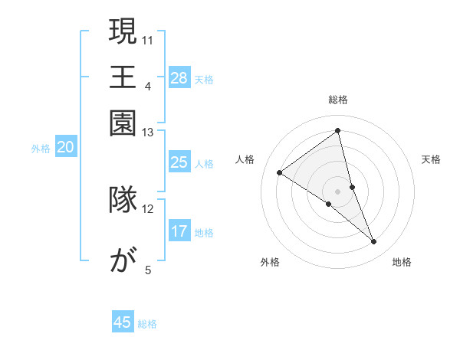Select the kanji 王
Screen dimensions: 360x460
click(123, 77)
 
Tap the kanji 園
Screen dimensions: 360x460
click(123, 122)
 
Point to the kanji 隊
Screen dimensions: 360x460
click(123, 198)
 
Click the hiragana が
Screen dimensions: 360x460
click(123, 262)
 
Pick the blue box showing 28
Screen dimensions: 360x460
click(179, 78)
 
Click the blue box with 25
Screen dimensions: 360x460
click(179, 162)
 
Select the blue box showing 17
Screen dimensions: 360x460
click(179, 231)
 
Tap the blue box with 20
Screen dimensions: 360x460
click(65, 148)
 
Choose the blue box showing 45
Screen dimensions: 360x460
click(123, 322)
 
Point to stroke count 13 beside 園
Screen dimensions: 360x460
click(148, 133)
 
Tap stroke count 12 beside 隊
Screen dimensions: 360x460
click(148, 208)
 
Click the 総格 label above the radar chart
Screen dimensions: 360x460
click(338, 100)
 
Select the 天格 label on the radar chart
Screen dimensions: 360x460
click(431, 159)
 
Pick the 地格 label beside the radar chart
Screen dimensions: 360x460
click(402, 263)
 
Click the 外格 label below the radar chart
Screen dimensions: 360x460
click(270, 263)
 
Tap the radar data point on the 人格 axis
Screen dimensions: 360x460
click(280, 172)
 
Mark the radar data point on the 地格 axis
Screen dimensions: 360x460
click(373, 242)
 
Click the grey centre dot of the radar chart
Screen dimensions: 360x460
click(338, 191)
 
